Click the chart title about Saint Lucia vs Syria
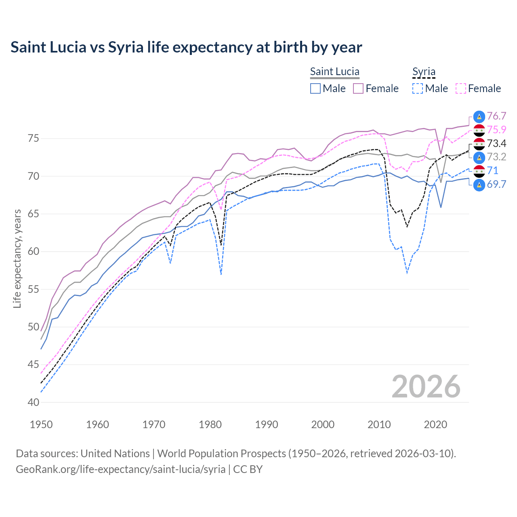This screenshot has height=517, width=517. tap(186, 47)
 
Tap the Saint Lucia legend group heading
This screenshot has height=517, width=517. tap(334, 72)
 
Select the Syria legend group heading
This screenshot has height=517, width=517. tap(424, 72)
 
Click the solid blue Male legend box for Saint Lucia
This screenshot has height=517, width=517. tap(315, 88)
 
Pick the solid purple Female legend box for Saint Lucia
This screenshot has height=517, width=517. tap(358, 88)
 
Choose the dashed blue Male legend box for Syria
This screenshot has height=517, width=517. tap(418, 88)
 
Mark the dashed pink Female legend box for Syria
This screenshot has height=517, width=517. tap(460, 88)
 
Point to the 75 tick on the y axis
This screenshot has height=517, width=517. tap(33, 139)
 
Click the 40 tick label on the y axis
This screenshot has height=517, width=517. tap(33, 402)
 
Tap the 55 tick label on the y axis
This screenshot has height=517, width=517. tap(33, 289)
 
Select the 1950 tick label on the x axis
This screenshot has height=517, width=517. tap(41, 425)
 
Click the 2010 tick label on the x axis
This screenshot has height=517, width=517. tap(379, 425)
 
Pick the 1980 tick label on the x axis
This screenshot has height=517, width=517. tap(210, 425)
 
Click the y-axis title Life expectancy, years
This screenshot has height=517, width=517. tap(17, 258)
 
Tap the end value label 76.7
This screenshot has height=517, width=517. tap(496, 116)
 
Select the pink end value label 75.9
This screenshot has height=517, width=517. tap(496, 130)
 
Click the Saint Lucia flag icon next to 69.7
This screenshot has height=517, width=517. tap(479, 185)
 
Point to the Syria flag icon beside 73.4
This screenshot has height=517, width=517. tap(479, 144)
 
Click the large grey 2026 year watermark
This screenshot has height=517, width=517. tap(426, 387)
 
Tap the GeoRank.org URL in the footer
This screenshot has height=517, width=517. tap(120, 469)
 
